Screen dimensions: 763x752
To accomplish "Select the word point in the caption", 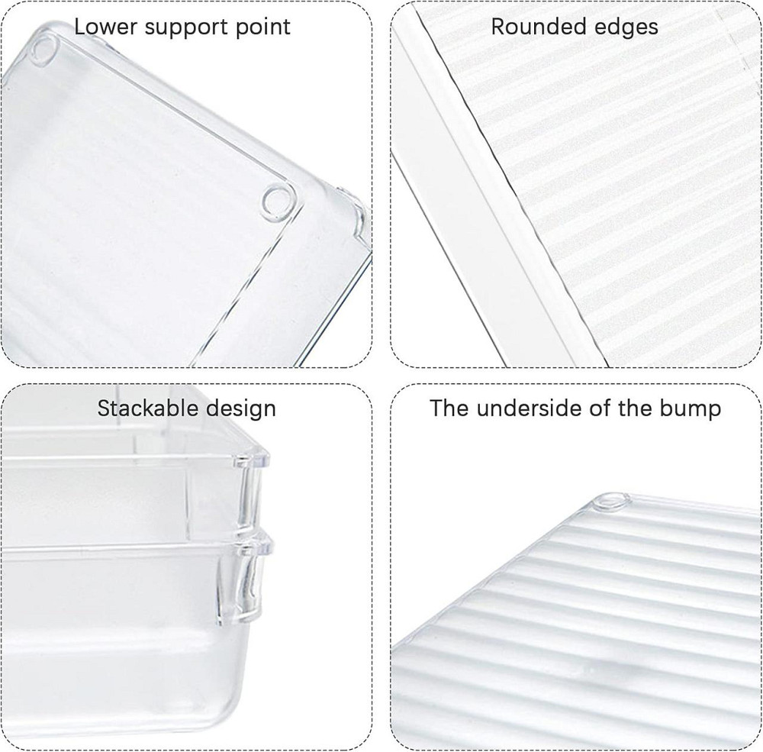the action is tap(263, 27).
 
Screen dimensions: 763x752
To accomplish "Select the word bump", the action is tap(690, 409).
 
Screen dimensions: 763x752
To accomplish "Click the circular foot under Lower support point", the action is tap(43, 51).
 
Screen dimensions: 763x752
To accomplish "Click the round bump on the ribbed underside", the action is tap(610, 501).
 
